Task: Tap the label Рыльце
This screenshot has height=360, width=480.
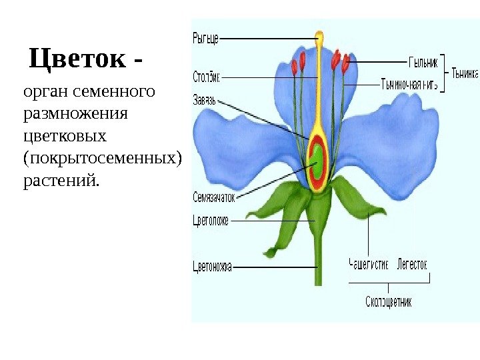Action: click(205, 38)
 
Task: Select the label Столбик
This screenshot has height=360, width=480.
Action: click(207, 76)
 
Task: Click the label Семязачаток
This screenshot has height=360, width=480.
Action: click(215, 197)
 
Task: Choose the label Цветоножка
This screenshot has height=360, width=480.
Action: click(213, 267)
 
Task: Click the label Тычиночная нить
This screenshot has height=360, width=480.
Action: click(410, 85)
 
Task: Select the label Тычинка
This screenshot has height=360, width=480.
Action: click(465, 74)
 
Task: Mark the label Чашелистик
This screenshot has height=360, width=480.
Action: click(369, 264)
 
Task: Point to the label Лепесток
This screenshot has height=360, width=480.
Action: click(412, 264)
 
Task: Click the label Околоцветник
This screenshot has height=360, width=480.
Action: click(389, 302)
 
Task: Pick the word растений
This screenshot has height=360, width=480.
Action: click(61, 181)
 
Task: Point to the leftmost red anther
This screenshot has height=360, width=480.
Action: click(295, 66)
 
